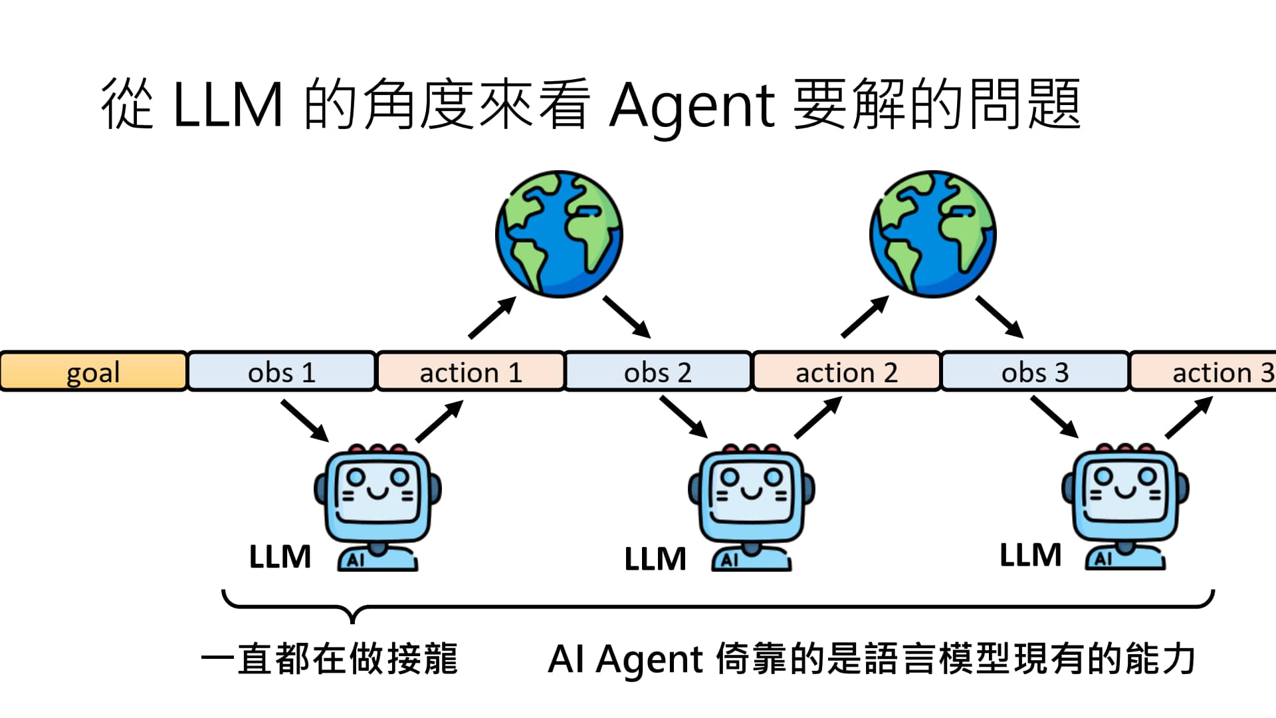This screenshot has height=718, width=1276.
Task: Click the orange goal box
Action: coord(93,372)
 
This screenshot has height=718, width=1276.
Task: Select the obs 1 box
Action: coord(282,372)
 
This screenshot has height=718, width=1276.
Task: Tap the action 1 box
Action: coord(471,372)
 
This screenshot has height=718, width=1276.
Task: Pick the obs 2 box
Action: coord(658,372)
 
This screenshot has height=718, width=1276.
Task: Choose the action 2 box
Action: coord(846,372)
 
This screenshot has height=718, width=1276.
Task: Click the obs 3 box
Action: coord(1035,372)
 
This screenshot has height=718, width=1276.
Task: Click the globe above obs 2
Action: coord(559,234)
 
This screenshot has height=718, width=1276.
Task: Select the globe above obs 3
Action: coord(933,234)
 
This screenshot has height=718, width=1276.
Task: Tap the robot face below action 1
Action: coord(377,492)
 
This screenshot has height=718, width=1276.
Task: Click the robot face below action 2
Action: coord(752,492)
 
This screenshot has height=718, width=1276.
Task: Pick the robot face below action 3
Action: coord(1126,492)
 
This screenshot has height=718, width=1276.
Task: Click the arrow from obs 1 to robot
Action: coord(305,421)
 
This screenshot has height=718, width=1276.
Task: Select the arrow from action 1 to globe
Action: coord(492,318)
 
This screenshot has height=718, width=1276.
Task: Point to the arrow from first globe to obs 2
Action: coord(627,317)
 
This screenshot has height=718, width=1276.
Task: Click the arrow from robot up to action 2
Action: coord(819,418)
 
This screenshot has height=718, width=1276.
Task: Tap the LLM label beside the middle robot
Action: coord(655,558)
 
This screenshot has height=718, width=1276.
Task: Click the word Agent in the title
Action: coord(692,106)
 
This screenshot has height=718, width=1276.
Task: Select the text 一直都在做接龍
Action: coord(330,659)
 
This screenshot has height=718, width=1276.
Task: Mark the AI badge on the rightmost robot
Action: coord(1103,559)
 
